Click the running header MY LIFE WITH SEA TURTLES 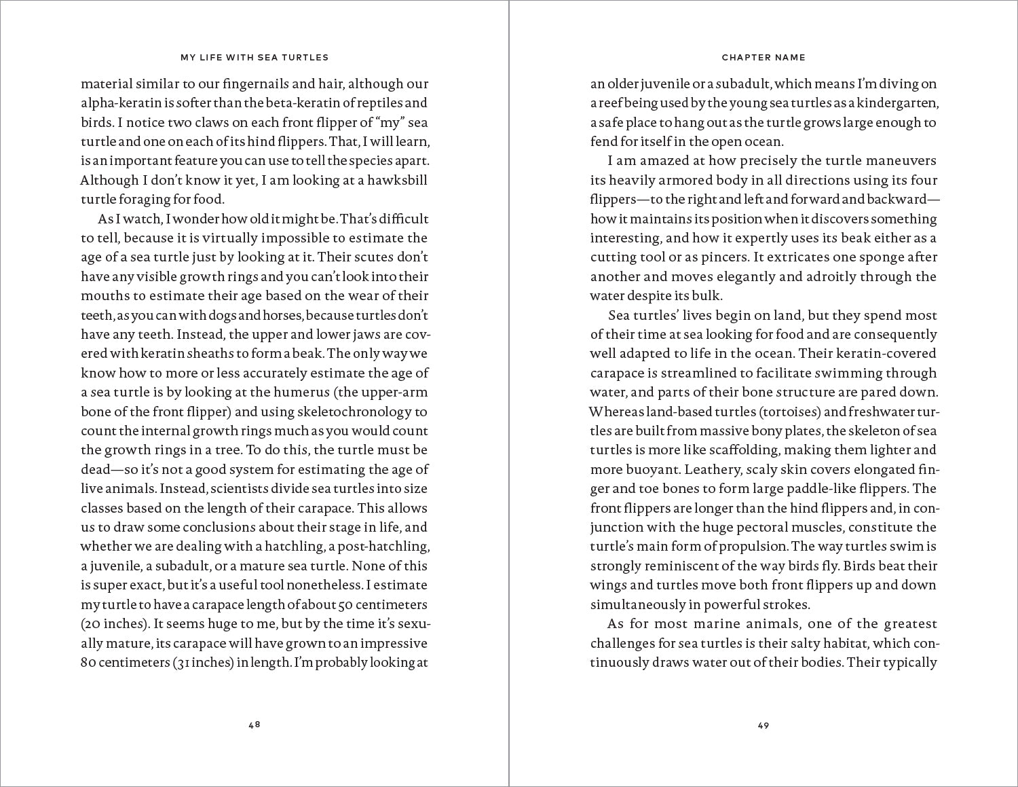pos(254,58)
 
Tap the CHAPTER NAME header pos(763,58)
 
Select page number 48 pos(254,725)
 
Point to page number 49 pos(763,725)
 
